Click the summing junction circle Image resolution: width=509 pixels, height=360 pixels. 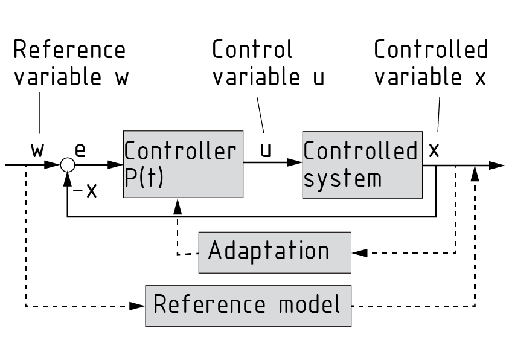67,164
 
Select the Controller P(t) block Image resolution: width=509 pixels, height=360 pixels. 182,164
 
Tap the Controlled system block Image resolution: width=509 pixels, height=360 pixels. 361,164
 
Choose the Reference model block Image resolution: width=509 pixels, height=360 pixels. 248,306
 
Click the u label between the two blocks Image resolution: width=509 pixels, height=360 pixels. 265,150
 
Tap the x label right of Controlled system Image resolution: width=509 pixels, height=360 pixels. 434,150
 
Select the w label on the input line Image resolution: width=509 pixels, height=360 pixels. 38,150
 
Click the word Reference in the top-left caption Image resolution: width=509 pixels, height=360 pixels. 69,50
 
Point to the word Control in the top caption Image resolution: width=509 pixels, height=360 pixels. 252,50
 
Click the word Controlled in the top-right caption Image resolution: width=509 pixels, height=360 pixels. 431,50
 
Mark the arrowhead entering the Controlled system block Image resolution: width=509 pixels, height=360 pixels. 295,164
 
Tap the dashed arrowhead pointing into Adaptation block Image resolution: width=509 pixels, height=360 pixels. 359,253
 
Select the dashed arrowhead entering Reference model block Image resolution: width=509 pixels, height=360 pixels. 138,306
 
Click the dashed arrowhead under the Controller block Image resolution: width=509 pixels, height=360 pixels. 178,207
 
